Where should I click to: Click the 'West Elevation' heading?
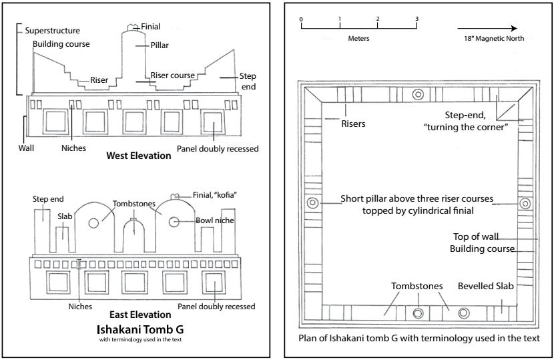(138, 156)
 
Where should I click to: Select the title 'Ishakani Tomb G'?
(140, 329)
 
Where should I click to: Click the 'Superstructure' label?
(52, 31)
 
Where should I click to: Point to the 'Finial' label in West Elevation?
(150, 27)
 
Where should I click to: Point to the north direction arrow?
(488, 29)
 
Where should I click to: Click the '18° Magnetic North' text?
(494, 39)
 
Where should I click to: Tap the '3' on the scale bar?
(417, 19)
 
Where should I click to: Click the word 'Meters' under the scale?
(358, 39)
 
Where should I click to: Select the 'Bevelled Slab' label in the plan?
(485, 287)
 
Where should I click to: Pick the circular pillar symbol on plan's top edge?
(419, 94)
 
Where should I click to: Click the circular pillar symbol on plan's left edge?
(312, 203)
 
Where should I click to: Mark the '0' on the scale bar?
(301, 19)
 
